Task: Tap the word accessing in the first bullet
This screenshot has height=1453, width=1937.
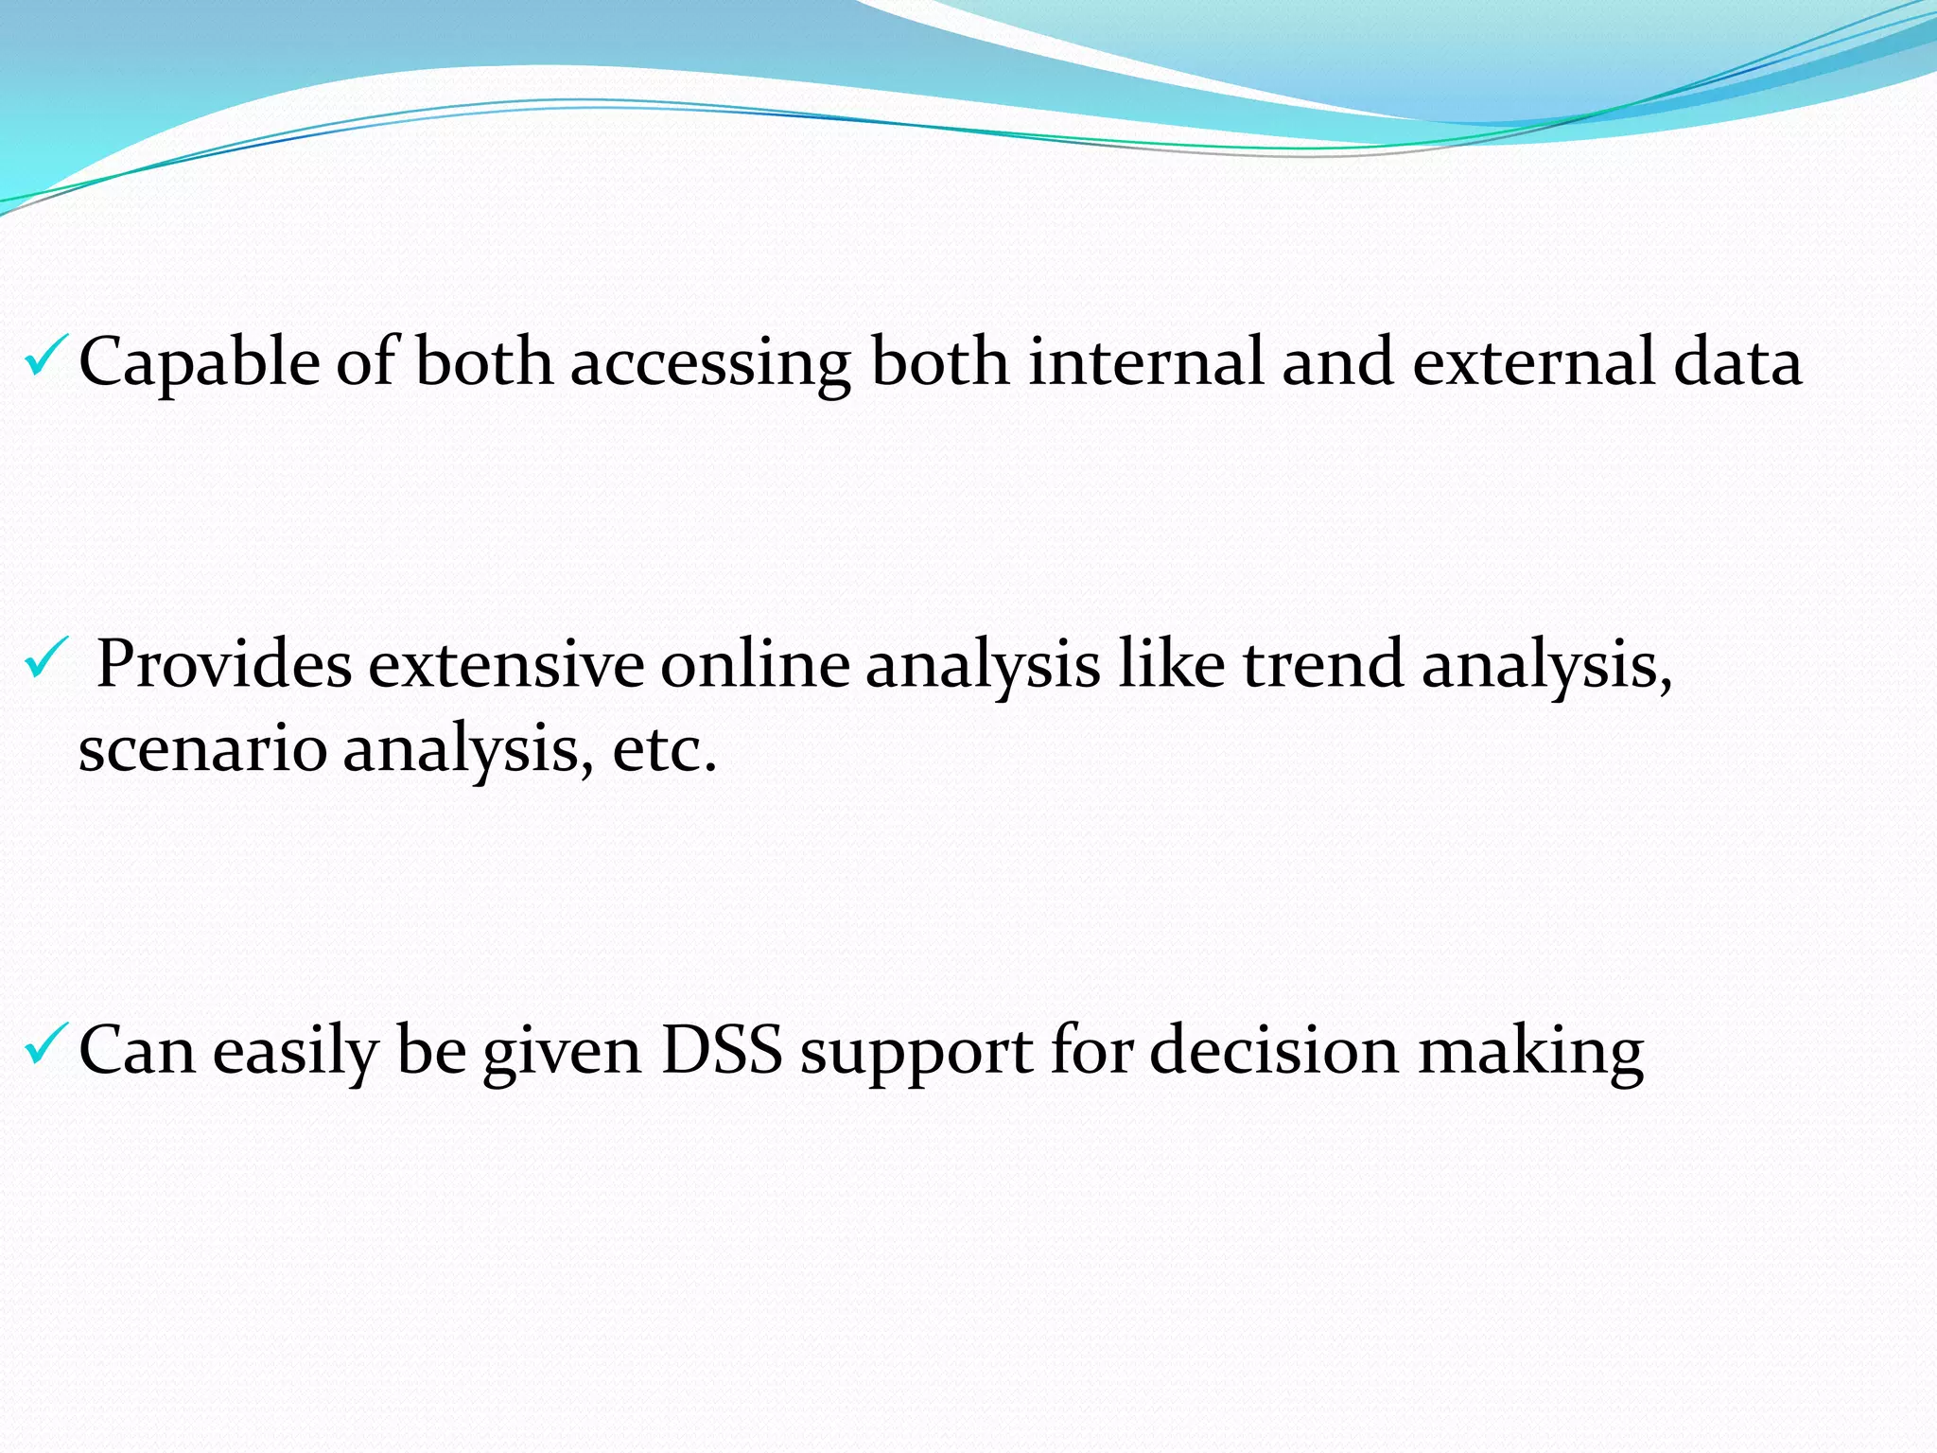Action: point(709,363)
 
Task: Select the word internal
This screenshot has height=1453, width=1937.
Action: point(1145,361)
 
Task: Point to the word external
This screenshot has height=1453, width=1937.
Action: point(1532,361)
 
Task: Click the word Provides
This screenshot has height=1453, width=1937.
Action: point(224,664)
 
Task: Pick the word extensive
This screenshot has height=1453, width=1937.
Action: point(506,664)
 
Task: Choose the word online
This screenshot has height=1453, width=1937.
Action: point(755,664)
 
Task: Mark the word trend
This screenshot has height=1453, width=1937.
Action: point(1322,664)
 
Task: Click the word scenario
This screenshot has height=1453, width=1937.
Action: point(201,749)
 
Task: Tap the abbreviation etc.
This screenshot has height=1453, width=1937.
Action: point(664,749)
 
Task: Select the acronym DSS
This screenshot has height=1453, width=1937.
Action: point(721,1050)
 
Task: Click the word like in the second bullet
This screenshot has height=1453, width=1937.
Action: point(1172,664)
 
